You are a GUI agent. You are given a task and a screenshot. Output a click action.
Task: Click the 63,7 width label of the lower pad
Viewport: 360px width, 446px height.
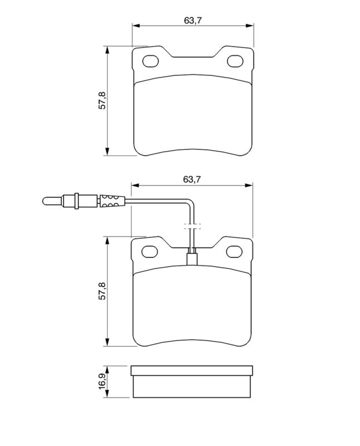(191, 179)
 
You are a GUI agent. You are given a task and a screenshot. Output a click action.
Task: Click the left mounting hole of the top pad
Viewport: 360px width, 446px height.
(151, 61)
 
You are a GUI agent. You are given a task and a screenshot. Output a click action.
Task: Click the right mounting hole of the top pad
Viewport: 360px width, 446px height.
(233, 61)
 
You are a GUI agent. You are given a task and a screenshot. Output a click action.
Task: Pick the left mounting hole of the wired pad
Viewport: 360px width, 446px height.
(150, 252)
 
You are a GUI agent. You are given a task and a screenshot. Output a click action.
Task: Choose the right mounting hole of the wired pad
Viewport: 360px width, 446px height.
(233, 252)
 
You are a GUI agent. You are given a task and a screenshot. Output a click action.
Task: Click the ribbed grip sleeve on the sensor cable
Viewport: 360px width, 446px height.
(109, 200)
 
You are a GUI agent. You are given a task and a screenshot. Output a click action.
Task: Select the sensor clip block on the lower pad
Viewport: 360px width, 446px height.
(192, 259)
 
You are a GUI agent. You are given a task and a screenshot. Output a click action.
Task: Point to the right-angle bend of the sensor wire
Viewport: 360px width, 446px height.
(191, 202)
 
